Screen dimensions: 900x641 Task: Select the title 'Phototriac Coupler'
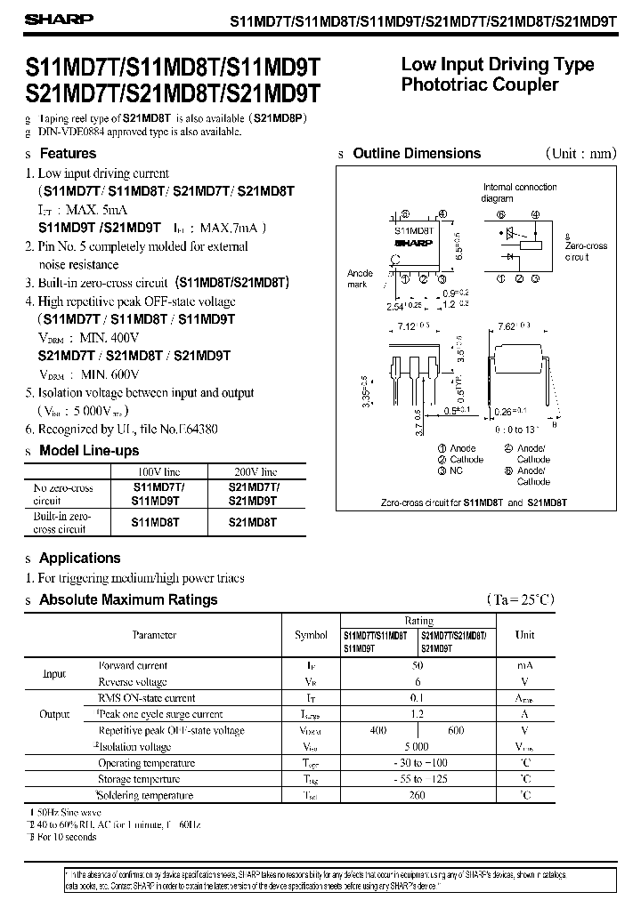pos(480,85)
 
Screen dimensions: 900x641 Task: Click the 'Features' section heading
pos(68,154)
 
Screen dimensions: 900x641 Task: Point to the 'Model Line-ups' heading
pos(89,451)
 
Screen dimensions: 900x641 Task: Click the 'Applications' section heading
pos(80,558)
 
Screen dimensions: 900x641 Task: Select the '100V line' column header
pos(158,471)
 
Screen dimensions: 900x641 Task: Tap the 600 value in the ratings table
pos(456,730)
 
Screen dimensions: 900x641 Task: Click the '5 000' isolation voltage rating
pos(417,747)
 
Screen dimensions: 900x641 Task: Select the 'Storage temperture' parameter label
pos(146,779)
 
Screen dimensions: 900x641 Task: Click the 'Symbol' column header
pos(311,635)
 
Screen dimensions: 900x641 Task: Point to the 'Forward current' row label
pos(133,665)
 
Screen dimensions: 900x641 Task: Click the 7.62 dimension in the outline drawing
pos(511,326)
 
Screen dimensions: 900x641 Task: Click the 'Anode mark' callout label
pos(358,278)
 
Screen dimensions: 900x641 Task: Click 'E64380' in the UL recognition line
pos(190,429)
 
